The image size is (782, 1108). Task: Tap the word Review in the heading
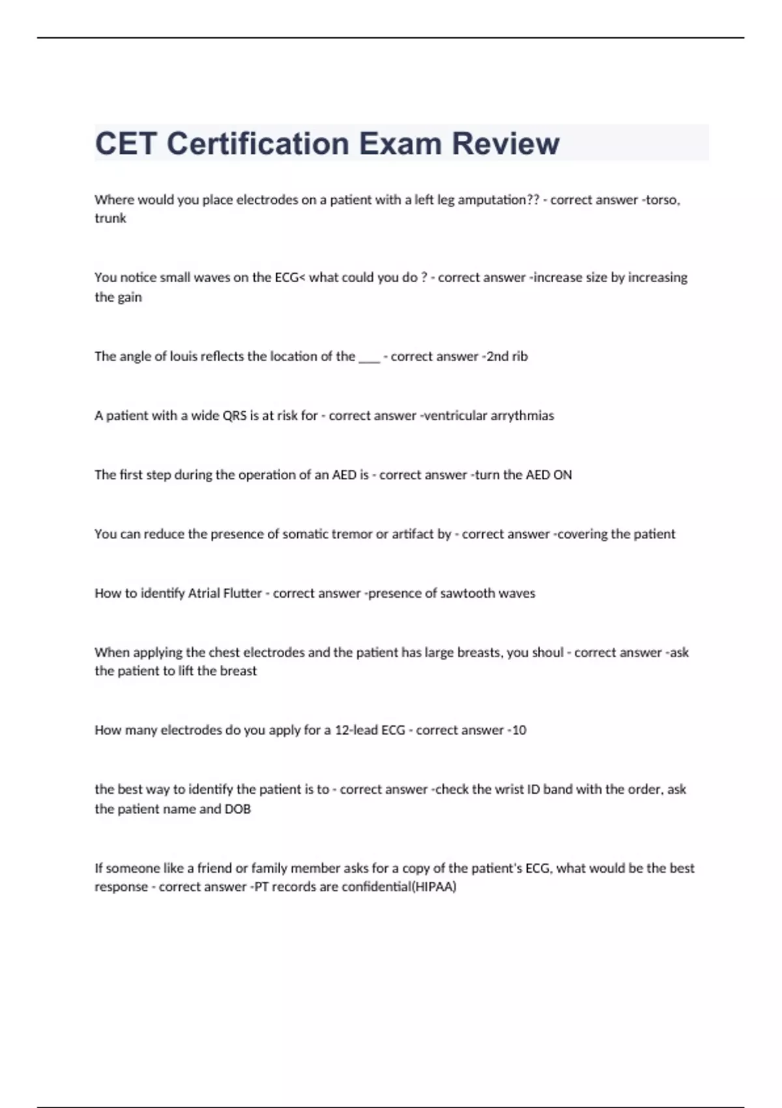click(x=506, y=143)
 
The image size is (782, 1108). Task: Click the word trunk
click(x=110, y=218)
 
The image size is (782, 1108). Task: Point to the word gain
click(x=130, y=297)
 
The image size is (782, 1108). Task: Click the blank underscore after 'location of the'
click(x=369, y=357)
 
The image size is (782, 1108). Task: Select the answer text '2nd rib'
click(x=507, y=357)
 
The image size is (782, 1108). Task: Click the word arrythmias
click(x=522, y=416)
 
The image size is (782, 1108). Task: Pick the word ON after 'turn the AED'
click(x=562, y=475)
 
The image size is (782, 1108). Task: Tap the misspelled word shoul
click(x=547, y=652)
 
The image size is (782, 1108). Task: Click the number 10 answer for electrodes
click(x=519, y=731)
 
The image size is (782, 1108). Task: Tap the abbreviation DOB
click(x=238, y=809)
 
